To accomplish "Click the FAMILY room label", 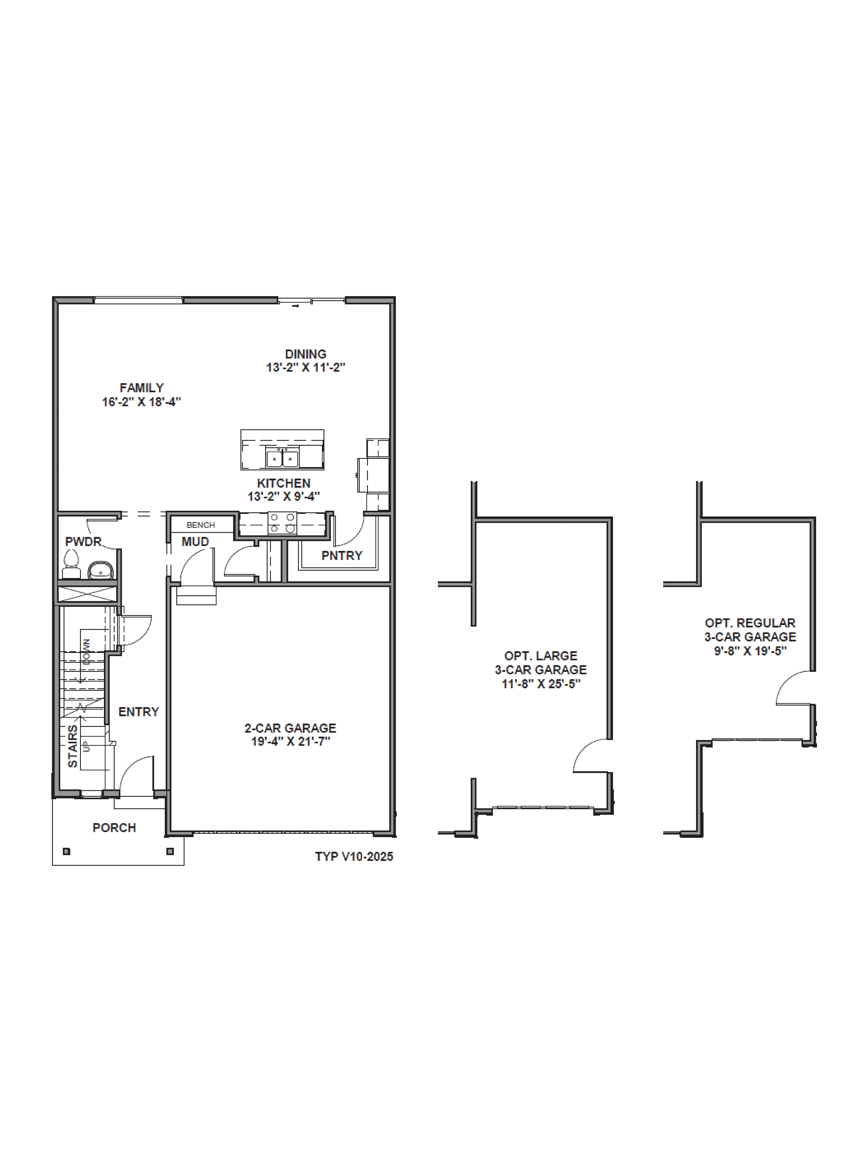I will click(141, 388).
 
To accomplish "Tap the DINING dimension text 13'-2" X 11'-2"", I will click(305, 367).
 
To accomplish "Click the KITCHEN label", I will click(284, 483).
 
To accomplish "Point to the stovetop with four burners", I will click(282, 523).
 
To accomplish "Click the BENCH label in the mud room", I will click(201, 525).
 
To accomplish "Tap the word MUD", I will click(195, 542).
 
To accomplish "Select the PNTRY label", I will click(342, 556).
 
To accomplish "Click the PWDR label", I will click(83, 542).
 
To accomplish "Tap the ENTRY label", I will click(138, 712).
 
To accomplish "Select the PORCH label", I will click(114, 828).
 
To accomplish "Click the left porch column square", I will click(66, 851).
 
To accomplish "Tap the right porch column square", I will click(170, 851).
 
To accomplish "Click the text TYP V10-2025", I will click(354, 856).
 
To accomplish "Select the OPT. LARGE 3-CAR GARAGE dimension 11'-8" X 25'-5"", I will click(541, 684).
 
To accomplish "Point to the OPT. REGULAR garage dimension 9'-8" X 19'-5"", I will click(750, 651).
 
